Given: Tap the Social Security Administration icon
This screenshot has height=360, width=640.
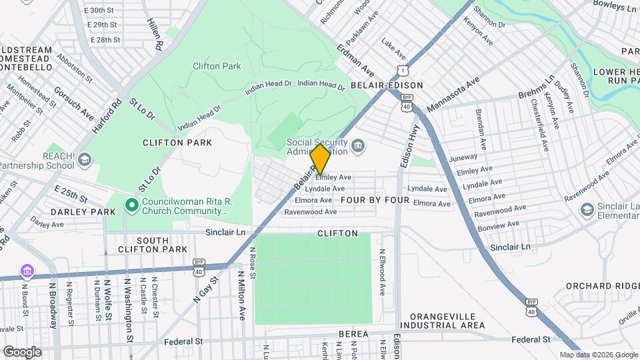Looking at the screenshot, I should [358, 145].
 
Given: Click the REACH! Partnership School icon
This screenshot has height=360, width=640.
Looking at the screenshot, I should [85, 159].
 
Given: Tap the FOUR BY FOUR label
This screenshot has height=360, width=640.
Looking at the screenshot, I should [375, 200].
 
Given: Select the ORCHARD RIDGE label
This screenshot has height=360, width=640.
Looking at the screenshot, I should [597, 286].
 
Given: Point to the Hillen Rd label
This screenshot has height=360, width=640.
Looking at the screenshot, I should [155, 35].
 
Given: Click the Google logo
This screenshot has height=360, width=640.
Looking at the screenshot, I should [22, 351].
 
